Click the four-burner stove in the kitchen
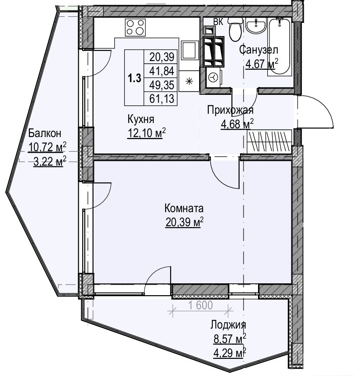point(135,28)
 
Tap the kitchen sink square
point(190,50)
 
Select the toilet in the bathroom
point(235,29)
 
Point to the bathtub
point(280,47)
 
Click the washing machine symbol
point(213,78)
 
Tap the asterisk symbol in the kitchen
point(189,82)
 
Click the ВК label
point(218,22)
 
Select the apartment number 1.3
point(134,78)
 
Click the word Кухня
point(141,119)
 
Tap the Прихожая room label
point(230,110)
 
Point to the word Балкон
point(45,133)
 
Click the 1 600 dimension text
point(200,305)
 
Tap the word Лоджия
point(228,325)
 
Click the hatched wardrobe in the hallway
point(269,141)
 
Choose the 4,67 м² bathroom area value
point(262,64)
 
